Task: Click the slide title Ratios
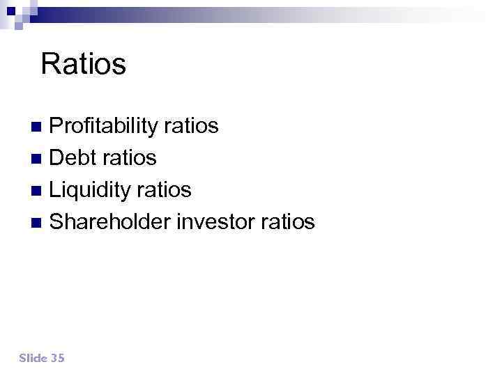click(83, 65)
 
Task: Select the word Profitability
click(105, 126)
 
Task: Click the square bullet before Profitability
click(38, 127)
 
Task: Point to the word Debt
click(73, 158)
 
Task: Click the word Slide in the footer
click(33, 358)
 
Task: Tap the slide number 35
click(57, 358)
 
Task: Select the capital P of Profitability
click(56, 126)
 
